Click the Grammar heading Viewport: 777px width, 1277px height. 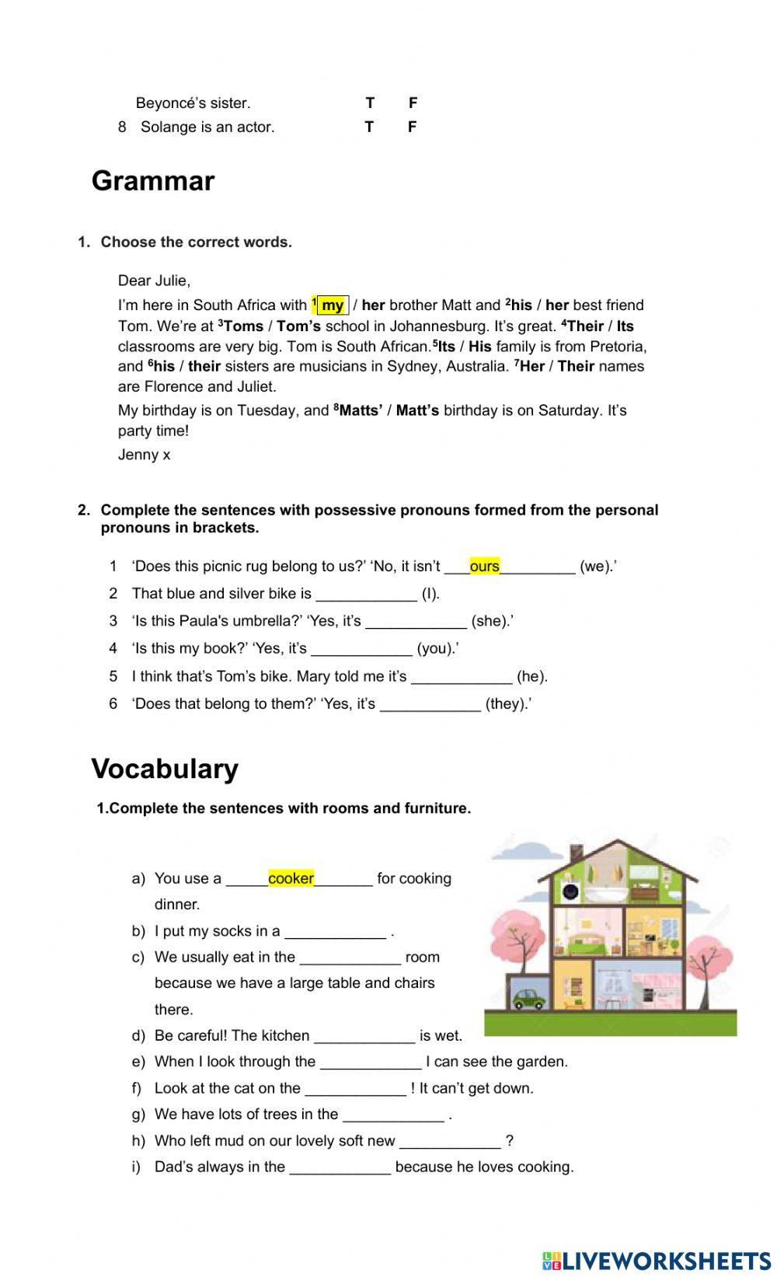point(153,181)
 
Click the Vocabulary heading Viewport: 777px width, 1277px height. point(165,769)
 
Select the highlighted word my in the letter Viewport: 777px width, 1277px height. point(333,305)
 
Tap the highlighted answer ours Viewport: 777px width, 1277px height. point(484,567)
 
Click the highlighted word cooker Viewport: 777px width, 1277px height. point(291,878)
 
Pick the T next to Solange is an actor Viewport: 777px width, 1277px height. point(369,127)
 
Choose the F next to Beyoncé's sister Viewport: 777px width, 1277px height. point(413,103)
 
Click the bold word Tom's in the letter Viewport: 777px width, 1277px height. point(298,326)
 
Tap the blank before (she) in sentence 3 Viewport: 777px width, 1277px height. point(416,622)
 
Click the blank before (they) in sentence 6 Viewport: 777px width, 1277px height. point(430,704)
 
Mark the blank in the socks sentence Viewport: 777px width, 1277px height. point(335,932)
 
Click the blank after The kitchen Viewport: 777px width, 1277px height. point(364,1036)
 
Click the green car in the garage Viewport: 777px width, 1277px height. point(528,999)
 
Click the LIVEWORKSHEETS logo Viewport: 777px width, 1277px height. point(657,1260)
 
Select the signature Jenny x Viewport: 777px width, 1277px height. point(144,455)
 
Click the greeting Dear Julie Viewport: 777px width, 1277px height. point(154,281)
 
